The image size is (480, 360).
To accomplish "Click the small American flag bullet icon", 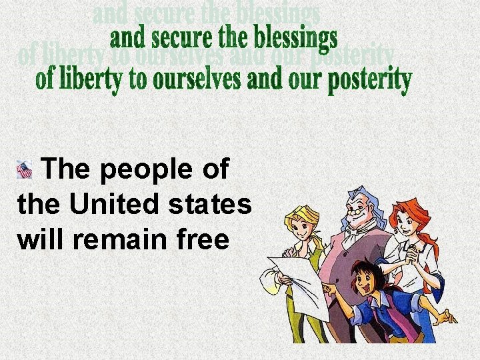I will [24, 170].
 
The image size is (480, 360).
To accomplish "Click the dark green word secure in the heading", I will [187, 39].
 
